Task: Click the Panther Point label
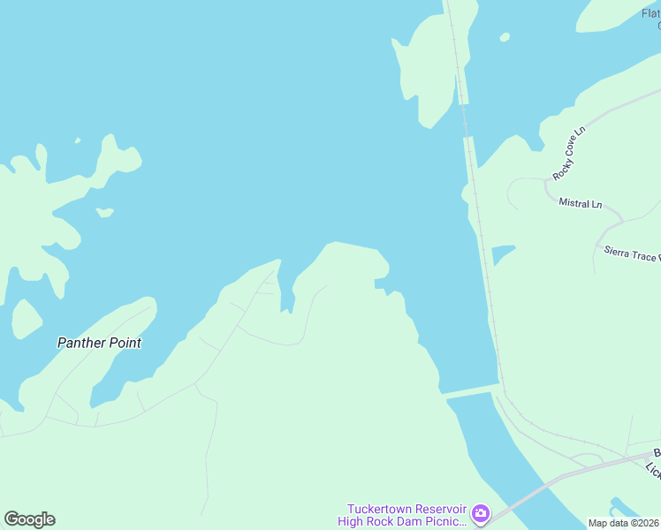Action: (x=99, y=343)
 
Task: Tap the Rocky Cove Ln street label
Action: (x=569, y=154)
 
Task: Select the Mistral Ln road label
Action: (x=580, y=203)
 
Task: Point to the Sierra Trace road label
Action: (x=631, y=254)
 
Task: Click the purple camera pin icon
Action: (x=480, y=512)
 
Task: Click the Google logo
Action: (x=29, y=519)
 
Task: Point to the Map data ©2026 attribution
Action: (x=623, y=523)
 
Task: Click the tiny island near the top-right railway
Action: (x=505, y=37)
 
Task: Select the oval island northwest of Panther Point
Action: (x=27, y=319)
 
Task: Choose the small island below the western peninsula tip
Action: (x=104, y=212)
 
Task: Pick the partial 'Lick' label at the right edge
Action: (x=653, y=471)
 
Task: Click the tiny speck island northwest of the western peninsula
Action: (x=78, y=140)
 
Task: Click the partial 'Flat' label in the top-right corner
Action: (x=650, y=12)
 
